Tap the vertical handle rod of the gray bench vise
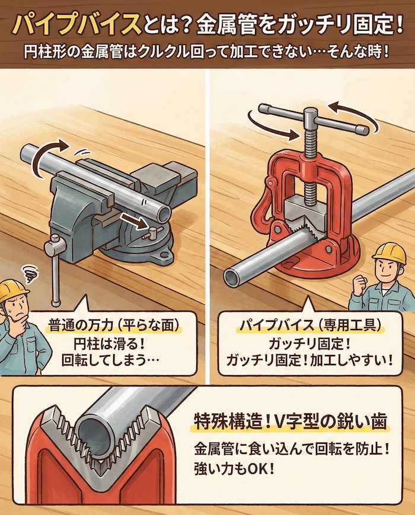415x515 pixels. pos(56,273)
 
